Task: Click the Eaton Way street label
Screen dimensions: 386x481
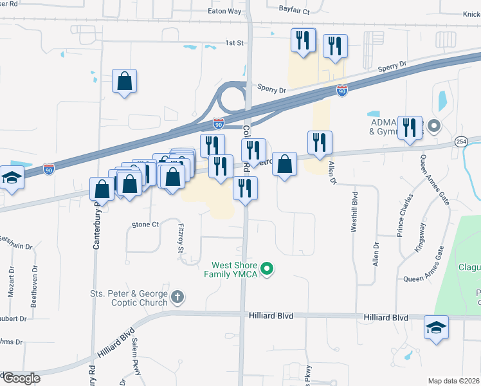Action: pyautogui.click(x=224, y=11)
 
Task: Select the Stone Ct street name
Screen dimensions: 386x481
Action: pyautogui.click(x=145, y=225)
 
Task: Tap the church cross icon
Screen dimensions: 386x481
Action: pyautogui.click(x=177, y=298)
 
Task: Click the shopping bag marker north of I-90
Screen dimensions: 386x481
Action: pyautogui.click(x=125, y=82)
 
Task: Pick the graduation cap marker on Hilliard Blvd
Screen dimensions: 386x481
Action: pyautogui.click(x=436, y=328)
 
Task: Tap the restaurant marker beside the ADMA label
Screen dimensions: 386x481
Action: pyautogui.click(x=409, y=127)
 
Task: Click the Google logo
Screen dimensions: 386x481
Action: pyautogui.click(x=21, y=378)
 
